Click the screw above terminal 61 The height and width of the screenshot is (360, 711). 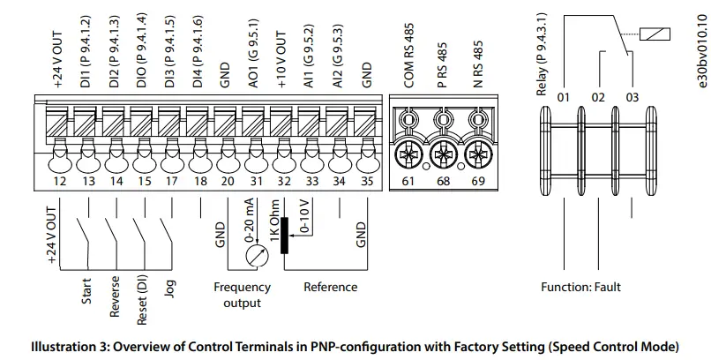pos(408,157)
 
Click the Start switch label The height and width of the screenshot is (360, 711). pos(86,292)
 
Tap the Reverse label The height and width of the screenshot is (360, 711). pos(115,299)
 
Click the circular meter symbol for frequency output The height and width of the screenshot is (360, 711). pos(255,255)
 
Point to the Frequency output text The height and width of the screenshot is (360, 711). pos(242,295)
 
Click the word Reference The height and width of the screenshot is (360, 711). pos(331,287)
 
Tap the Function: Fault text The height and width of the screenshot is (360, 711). pos(580,287)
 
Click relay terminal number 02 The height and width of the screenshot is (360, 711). pos(598,96)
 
